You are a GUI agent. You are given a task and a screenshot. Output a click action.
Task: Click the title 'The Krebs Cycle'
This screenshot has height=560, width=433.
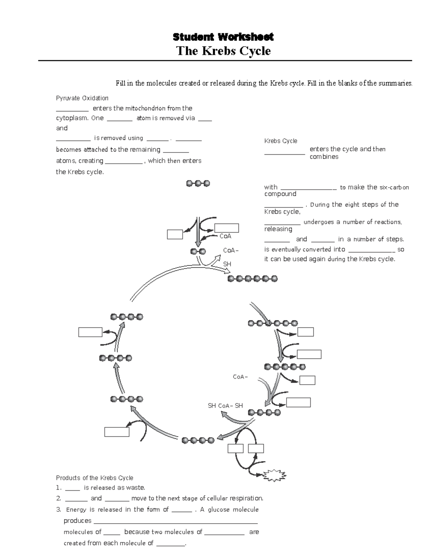click(223, 51)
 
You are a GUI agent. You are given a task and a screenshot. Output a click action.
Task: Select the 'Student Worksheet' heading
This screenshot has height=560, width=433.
click(223, 37)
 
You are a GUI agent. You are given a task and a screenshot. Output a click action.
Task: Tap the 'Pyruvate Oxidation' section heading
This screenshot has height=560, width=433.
click(82, 98)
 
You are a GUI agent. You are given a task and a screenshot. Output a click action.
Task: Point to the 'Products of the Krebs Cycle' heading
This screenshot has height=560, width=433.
click(95, 478)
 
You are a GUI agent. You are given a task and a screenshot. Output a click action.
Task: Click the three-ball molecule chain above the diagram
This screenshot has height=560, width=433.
click(198, 184)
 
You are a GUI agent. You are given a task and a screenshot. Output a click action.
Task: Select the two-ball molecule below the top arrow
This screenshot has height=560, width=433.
click(198, 251)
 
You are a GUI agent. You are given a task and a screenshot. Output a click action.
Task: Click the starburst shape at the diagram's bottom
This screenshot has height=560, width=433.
click(275, 475)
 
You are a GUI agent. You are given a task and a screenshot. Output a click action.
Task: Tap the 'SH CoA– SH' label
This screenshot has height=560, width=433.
click(225, 406)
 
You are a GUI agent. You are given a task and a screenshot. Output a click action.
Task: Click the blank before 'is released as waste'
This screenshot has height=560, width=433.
click(73, 488)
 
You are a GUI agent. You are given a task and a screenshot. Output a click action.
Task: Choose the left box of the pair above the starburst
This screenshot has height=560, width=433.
click(236, 448)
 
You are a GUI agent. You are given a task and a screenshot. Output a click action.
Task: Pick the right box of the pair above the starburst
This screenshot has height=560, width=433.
click(256, 448)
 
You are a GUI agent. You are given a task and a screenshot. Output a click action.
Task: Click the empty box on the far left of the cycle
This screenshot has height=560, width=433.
click(90, 332)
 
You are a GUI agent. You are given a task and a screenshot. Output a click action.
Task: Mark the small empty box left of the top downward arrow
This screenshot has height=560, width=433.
click(175, 234)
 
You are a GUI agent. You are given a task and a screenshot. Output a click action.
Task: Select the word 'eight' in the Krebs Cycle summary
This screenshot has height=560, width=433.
click(352, 204)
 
